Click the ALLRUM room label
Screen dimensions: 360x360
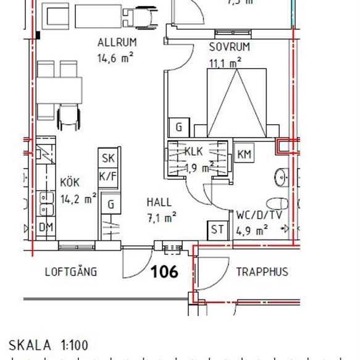[117, 43]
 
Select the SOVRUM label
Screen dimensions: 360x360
[229, 47]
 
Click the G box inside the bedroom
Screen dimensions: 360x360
[178, 128]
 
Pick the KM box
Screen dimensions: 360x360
[244, 154]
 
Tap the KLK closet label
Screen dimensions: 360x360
[194, 151]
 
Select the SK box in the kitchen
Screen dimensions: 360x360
[108, 158]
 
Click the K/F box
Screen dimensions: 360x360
[108, 176]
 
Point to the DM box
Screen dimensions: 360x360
[46, 227]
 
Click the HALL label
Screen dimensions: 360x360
[159, 202]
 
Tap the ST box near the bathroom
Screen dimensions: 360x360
[217, 230]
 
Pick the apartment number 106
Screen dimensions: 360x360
[165, 271]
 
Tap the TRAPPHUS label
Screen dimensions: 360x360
[262, 272]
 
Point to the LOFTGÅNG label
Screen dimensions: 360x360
[71, 272]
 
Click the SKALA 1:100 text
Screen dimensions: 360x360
[49, 345]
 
